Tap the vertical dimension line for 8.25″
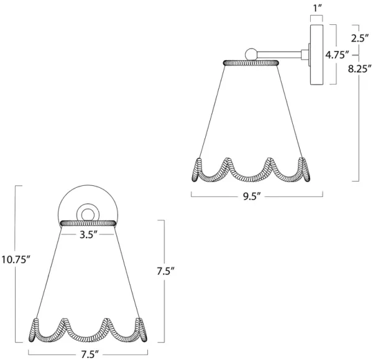(x=359, y=124)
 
